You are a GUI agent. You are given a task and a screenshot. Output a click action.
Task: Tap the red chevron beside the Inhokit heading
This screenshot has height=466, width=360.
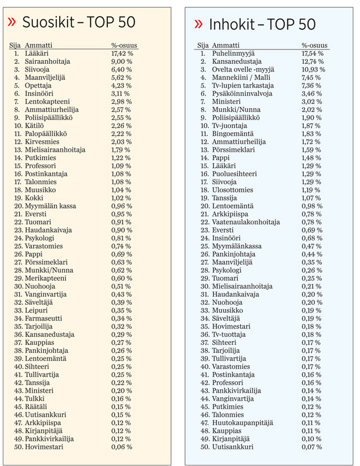coord(198,23)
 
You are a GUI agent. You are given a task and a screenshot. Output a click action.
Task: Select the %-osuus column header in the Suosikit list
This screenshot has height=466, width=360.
coord(124,45)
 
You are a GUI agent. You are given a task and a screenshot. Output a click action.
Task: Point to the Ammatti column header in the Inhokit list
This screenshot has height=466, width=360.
coord(227,45)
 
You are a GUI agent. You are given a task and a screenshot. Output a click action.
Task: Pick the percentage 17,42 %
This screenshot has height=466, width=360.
coord(123,53)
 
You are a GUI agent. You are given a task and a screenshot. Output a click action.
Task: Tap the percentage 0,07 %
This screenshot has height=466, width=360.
coord(311,447)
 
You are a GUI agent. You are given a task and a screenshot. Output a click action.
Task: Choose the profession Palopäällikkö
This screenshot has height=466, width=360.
coord(46,134)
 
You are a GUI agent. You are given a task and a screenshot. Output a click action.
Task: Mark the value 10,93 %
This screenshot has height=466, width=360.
coord(313,69)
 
